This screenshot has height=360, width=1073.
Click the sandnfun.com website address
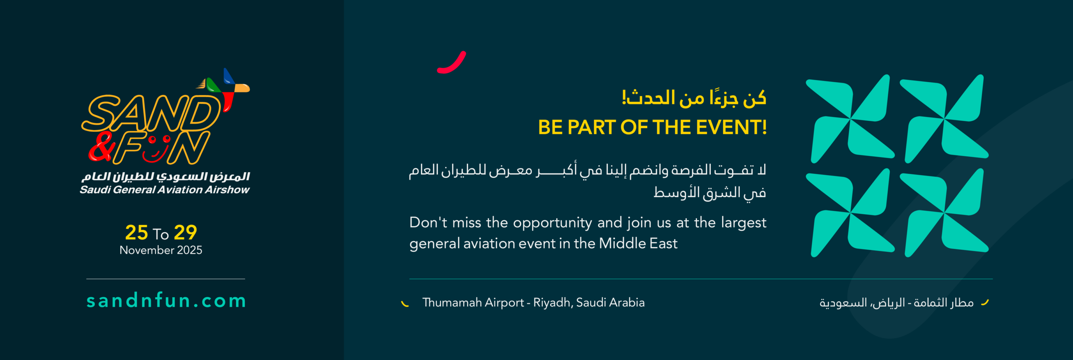coord(166,301)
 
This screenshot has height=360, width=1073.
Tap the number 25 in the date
coord(137,233)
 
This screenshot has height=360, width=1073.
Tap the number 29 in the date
coord(185,233)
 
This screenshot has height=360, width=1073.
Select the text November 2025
coord(161,250)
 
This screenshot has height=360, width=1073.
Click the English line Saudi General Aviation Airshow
coord(165,190)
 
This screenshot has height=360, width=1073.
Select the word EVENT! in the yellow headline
coord(731,127)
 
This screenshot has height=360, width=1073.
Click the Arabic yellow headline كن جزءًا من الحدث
coord(694,98)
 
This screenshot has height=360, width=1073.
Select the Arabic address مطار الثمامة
coord(943,303)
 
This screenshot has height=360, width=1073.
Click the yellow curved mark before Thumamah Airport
coord(405,304)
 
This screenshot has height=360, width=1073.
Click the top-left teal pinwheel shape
coord(851,119)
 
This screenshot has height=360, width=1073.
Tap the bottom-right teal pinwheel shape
coord(945,213)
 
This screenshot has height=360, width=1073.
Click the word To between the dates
coord(161,234)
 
